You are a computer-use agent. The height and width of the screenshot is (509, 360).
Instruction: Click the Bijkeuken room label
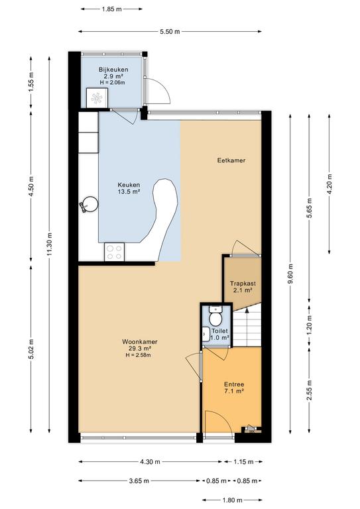113,70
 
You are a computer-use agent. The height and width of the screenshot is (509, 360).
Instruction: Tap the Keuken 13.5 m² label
129,188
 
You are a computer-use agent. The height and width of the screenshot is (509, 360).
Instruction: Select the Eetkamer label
231,160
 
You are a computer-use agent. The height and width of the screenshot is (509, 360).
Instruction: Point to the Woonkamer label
140,341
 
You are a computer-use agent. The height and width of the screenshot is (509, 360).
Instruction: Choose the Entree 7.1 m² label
234,388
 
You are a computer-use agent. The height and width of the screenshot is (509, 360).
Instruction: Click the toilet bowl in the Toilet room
215,318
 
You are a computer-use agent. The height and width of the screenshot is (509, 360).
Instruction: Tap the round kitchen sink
91,205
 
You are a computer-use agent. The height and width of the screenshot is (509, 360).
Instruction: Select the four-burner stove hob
114,253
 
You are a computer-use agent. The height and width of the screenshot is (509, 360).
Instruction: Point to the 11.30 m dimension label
49,244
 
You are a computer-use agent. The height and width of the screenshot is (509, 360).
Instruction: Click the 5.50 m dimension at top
170,32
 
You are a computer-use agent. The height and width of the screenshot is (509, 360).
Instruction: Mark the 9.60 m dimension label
291,273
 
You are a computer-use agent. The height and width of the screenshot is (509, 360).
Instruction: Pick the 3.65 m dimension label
139,481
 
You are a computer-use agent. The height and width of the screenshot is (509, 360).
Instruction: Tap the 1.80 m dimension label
233,500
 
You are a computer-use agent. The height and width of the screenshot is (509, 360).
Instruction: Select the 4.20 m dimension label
330,184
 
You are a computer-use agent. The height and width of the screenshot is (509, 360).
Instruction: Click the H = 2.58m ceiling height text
139,355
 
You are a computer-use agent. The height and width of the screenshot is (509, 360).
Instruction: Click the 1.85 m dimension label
111,9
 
